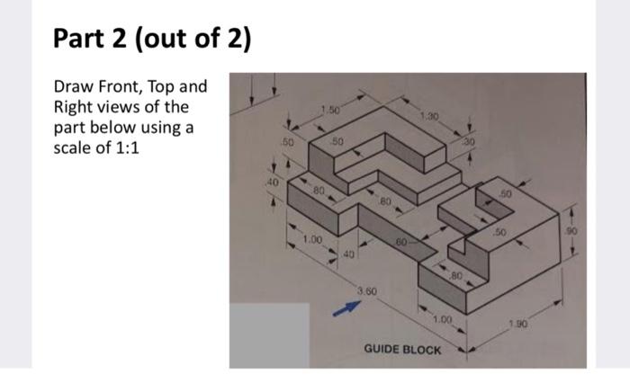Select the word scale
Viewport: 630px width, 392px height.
coord(76,147)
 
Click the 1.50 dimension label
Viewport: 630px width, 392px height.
coord(331,111)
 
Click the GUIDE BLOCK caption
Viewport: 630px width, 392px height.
coord(402,348)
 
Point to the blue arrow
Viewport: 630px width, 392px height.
coord(345,310)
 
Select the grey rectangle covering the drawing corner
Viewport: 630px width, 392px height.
coord(268,335)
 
